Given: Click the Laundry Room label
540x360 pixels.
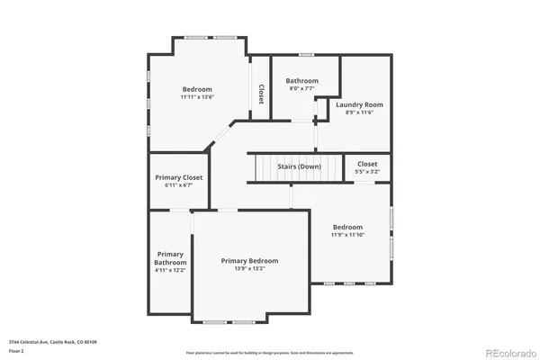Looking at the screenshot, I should (360, 105).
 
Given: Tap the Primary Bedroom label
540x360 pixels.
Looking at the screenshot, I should (250, 260).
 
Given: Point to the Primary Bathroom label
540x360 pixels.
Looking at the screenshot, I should (170, 257).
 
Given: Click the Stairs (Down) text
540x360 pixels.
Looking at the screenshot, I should (297, 166).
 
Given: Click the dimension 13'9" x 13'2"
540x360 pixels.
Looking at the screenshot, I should (250, 268).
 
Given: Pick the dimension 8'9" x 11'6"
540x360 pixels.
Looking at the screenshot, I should (360, 112).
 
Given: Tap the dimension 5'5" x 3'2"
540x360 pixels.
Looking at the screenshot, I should (367, 171).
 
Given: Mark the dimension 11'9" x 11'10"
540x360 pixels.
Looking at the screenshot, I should (347, 234).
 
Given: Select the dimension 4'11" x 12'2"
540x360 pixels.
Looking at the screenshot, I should (170, 269).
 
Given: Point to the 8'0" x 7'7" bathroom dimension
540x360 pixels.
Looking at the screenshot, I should (302, 88).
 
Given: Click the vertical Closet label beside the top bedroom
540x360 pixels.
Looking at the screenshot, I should (261, 94).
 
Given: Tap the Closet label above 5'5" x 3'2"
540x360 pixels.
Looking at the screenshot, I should (367, 164).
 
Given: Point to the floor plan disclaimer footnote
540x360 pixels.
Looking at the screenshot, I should (270, 352).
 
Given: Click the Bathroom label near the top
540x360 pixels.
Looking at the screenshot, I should (302, 80).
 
